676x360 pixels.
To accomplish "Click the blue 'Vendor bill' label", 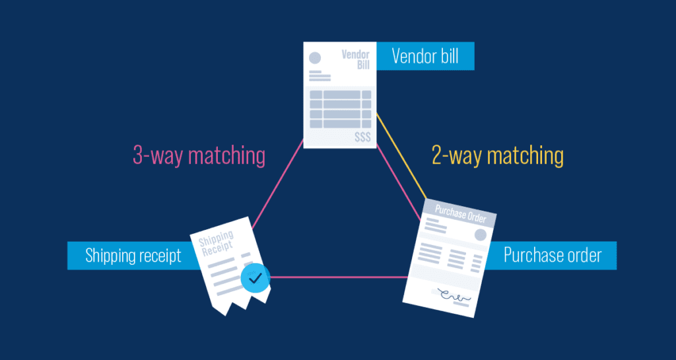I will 424,56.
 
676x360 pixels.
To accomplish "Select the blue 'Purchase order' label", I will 552,255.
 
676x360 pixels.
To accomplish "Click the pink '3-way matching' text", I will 199,156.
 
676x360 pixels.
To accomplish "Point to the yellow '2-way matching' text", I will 497,156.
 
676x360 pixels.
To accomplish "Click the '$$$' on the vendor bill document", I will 362,137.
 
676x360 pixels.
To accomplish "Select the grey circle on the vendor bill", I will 316,58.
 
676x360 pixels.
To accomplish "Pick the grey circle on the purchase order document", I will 479,234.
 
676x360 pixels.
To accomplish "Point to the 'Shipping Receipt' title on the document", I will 217,244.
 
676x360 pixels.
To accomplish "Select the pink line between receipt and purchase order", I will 337,277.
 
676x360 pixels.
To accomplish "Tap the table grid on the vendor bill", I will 339,109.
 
